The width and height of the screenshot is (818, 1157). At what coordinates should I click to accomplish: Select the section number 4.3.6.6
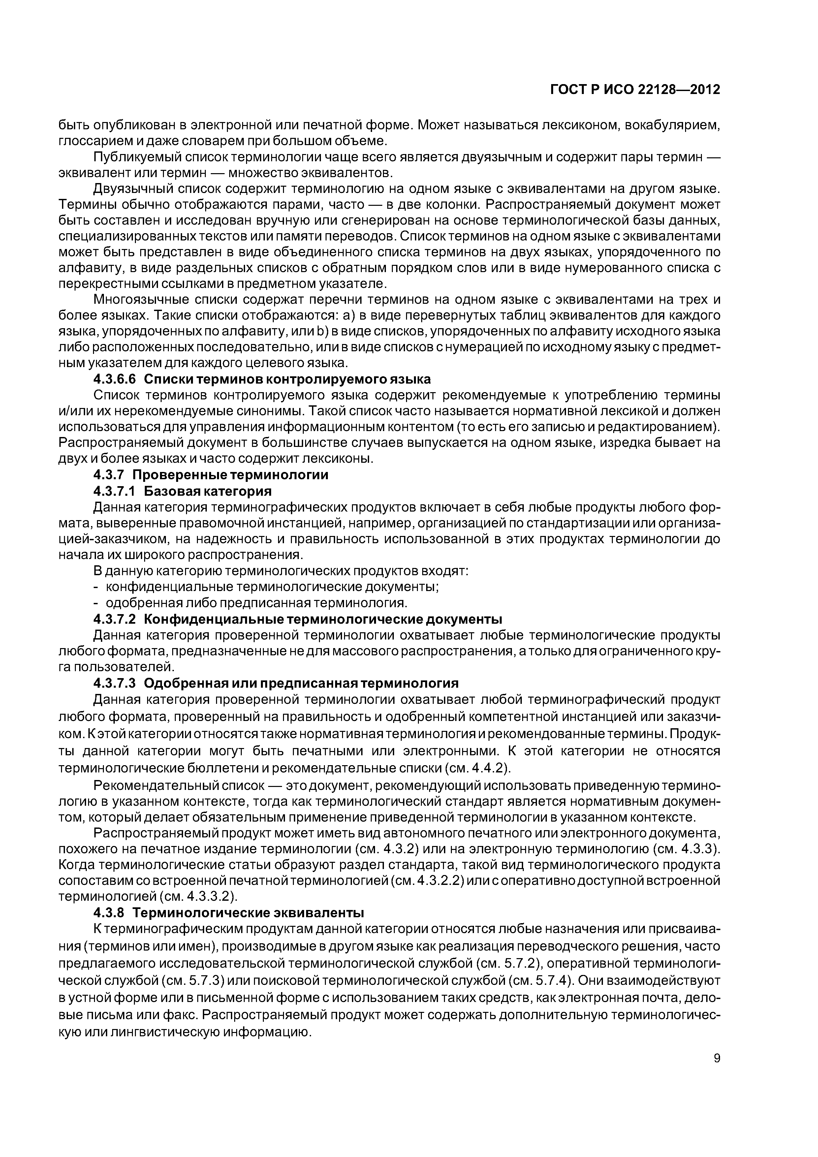coord(115,379)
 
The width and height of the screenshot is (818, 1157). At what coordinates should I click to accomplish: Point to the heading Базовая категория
coord(208,491)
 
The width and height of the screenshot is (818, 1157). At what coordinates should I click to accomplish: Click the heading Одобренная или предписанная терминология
coord(301,683)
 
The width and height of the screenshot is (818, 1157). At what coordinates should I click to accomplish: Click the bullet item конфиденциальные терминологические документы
coord(272,587)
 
